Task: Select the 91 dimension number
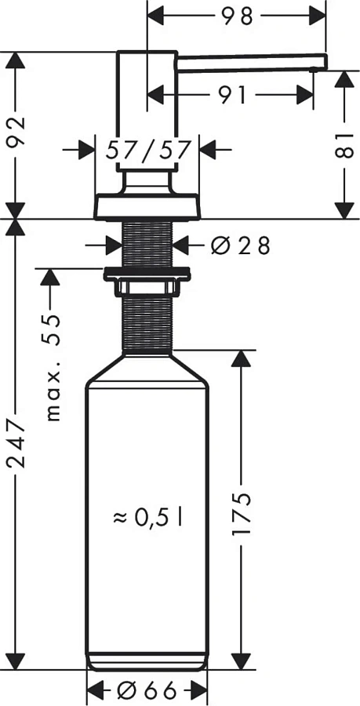(232, 95)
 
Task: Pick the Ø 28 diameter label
(241, 246)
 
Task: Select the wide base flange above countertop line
(147, 206)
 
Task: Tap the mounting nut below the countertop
(147, 276)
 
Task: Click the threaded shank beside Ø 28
(147, 245)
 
